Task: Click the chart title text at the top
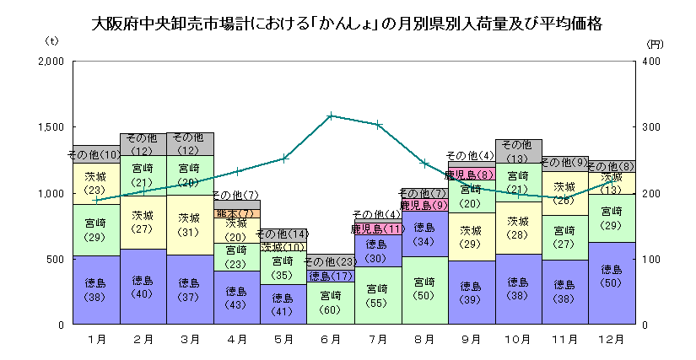(347, 23)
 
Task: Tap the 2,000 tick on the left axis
(51, 62)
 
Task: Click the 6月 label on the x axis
(332, 340)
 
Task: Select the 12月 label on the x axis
(612, 340)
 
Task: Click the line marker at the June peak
(332, 116)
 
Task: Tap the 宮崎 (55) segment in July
(378, 295)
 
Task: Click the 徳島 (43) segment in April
(237, 298)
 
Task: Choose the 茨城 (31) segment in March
(191, 224)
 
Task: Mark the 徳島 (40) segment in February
(143, 287)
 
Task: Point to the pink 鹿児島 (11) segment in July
(378, 229)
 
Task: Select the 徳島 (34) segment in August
(425, 234)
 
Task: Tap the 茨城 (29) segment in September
(472, 237)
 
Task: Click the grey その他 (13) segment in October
(519, 152)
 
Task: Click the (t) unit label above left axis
(51, 40)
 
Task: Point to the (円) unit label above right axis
(655, 43)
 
